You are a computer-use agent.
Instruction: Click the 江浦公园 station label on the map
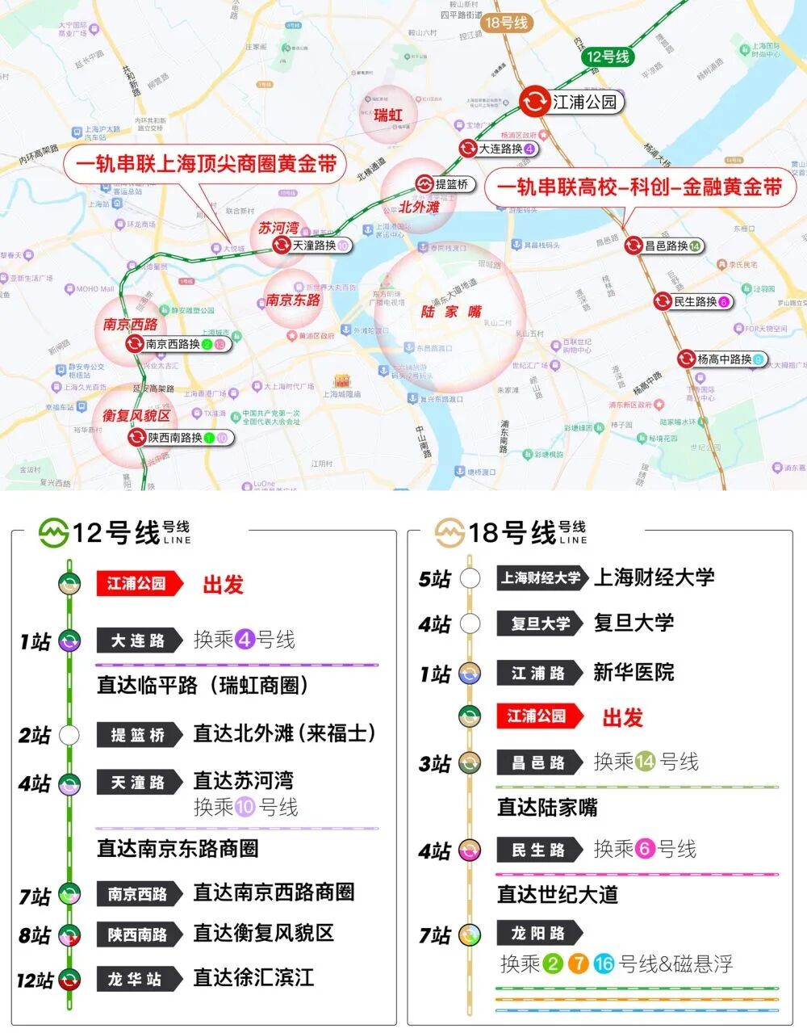pos(583,102)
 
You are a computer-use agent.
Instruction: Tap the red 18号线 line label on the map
pos(506,23)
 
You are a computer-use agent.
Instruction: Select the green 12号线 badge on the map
pos(607,57)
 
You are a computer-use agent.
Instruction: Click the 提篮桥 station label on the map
pos(451,184)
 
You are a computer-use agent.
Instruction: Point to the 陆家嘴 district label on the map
pos(451,312)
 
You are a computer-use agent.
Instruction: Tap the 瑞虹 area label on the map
pos(387,115)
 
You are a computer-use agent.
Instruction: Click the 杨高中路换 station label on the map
pos(724,359)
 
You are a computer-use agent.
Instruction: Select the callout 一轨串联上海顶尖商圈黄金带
pos(206,164)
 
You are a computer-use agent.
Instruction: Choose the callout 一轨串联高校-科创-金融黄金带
pos(639,187)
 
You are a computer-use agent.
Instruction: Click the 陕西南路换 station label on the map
pos(175,438)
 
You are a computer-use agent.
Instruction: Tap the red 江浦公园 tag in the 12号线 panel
pos(136,583)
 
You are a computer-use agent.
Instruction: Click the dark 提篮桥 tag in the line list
pos(137,735)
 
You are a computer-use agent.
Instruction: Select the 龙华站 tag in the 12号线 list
pos(136,979)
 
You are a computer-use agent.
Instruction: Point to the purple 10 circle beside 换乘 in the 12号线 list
pos(245,807)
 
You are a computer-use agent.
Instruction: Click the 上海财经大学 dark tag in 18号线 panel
pos(541,577)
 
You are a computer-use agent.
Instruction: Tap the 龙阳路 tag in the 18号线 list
pos(537,933)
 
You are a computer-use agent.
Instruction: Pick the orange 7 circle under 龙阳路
pos(578,964)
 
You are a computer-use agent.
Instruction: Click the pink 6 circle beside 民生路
pos(645,850)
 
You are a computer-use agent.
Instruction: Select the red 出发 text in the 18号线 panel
pos(622,717)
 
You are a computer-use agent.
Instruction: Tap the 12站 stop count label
pos(36,981)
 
